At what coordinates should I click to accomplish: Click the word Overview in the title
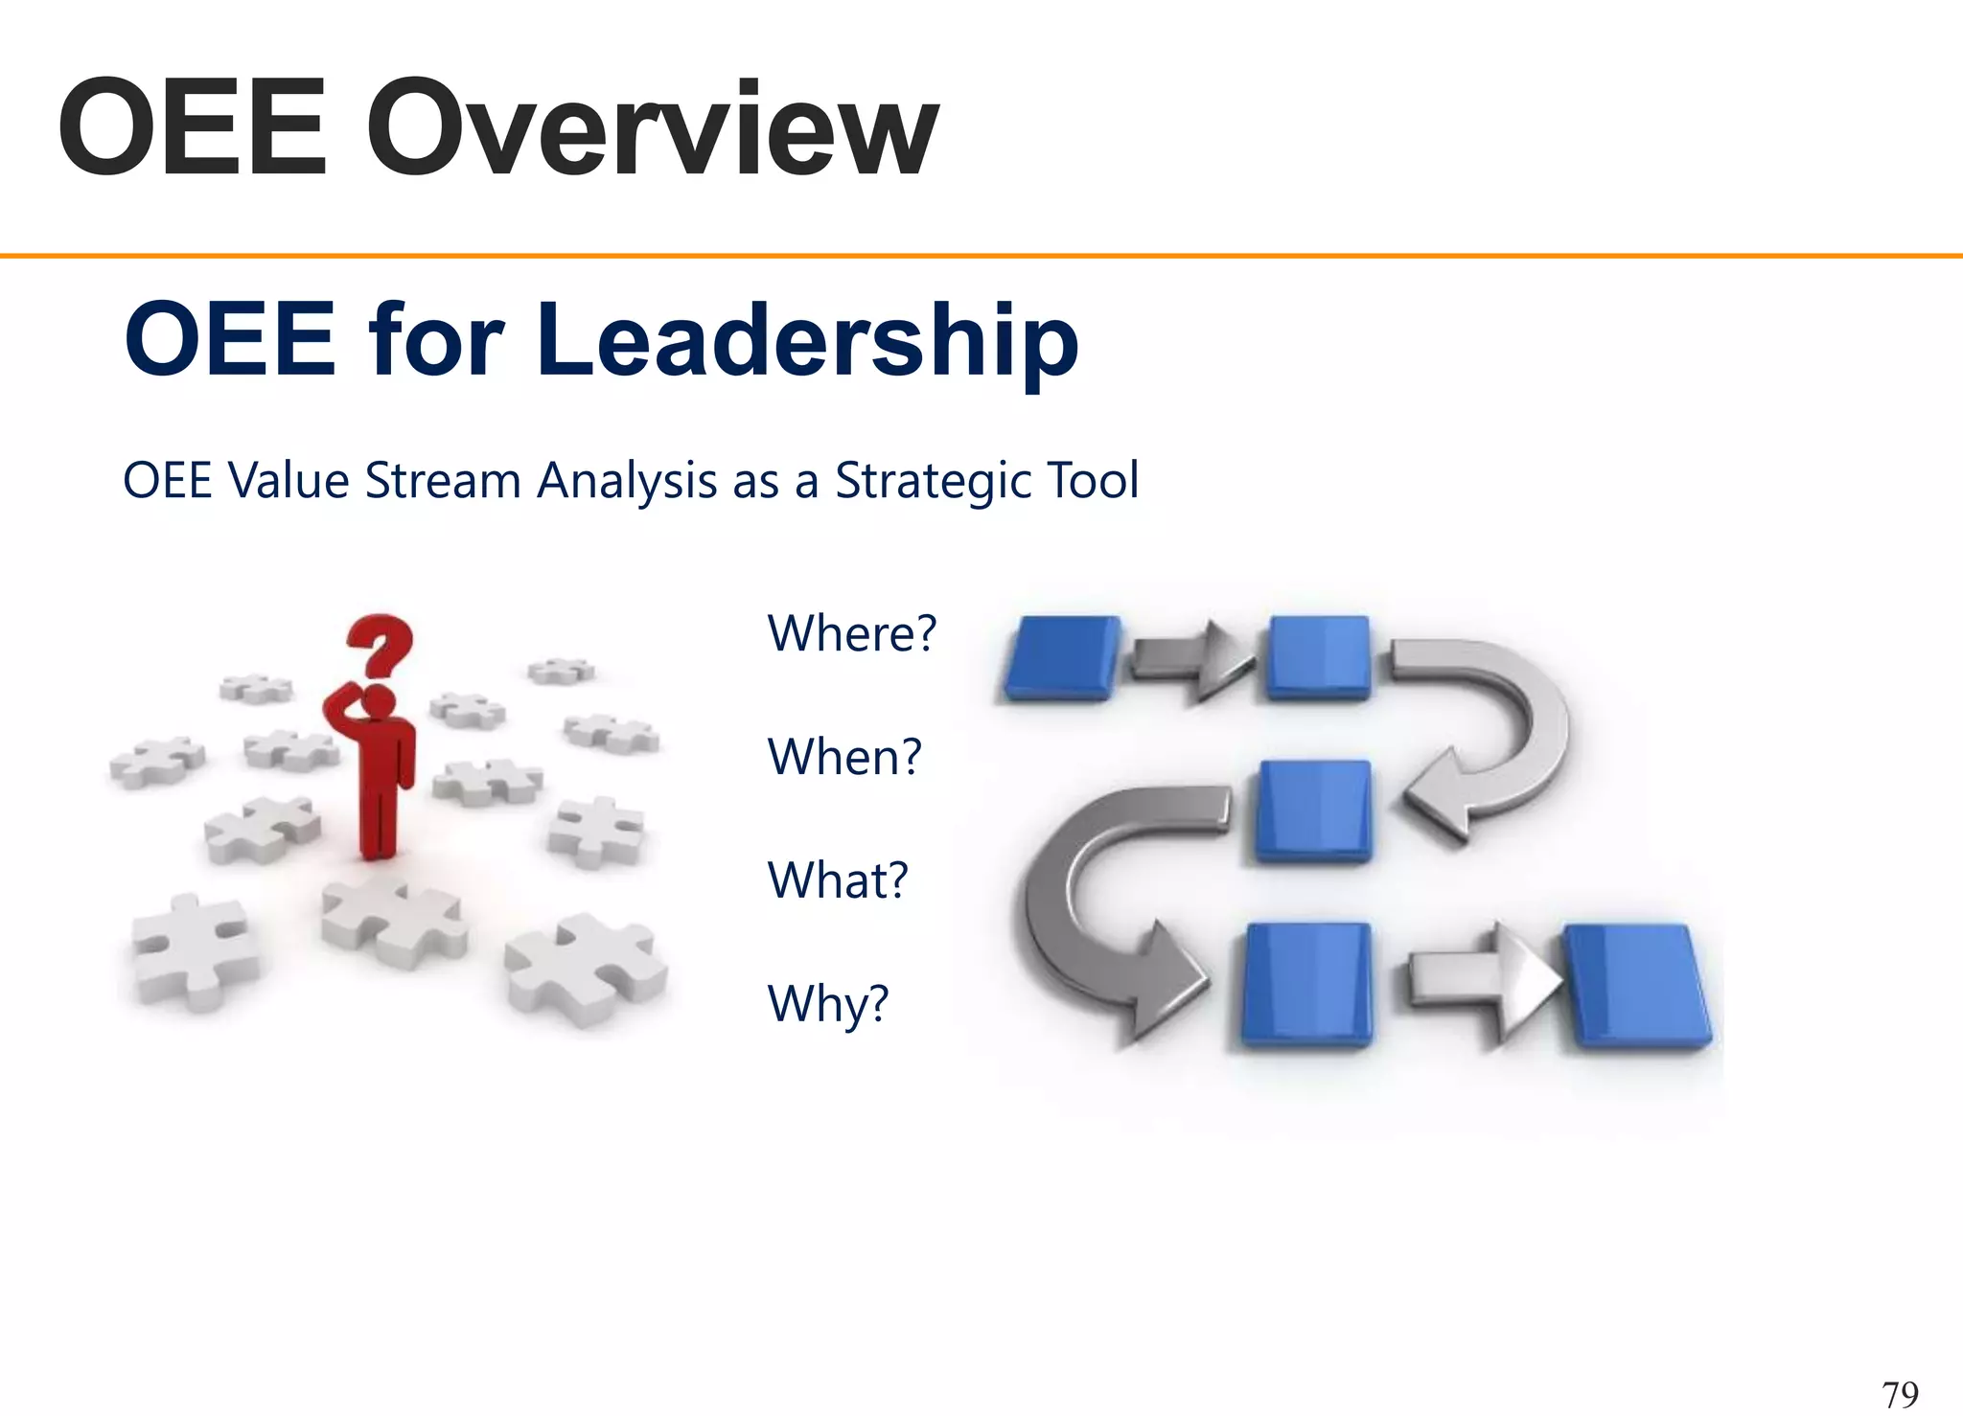click(652, 129)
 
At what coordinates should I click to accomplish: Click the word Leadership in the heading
click(807, 340)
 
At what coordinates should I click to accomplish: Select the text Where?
click(851, 633)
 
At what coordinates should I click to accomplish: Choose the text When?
click(843, 757)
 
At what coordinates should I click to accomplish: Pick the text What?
click(837, 880)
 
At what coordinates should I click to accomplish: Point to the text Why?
click(828, 1004)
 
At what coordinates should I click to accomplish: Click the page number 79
click(1900, 1393)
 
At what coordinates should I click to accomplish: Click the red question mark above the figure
click(381, 644)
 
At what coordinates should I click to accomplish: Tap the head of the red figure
click(379, 701)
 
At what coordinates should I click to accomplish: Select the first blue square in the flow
click(1062, 657)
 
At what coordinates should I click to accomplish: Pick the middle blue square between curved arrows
click(1314, 811)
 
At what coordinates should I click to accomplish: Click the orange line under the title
click(981, 256)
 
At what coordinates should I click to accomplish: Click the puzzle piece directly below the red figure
click(393, 920)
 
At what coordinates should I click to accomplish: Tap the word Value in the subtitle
click(289, 481)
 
